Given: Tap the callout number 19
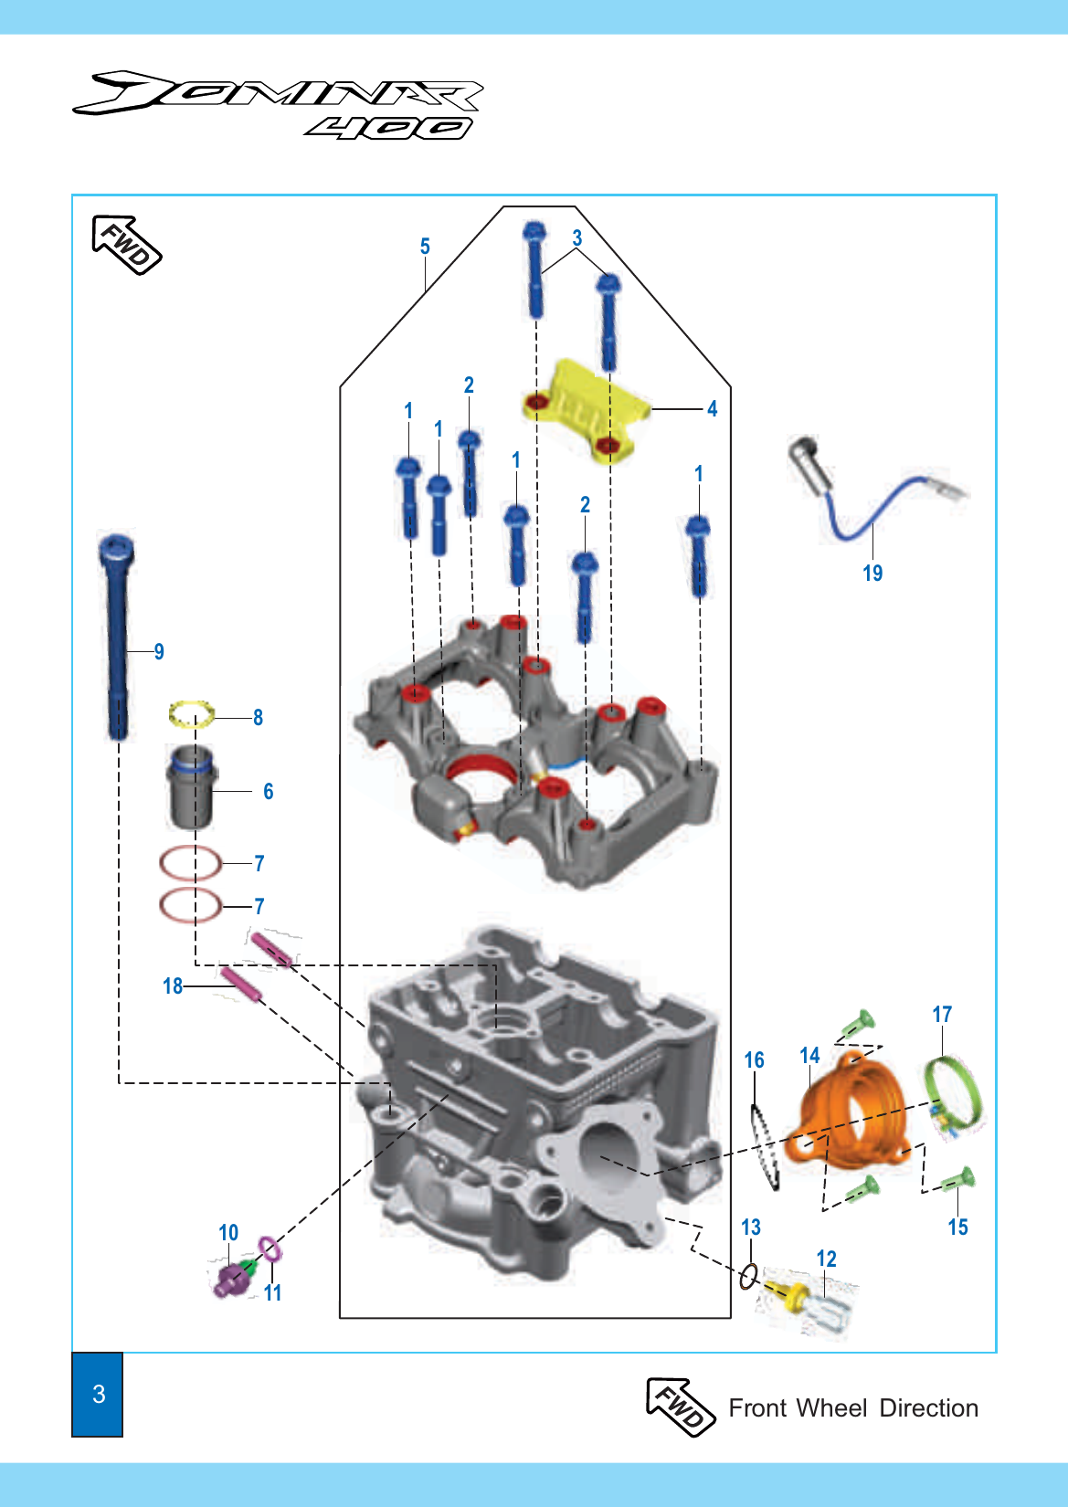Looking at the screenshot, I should pos(872,573).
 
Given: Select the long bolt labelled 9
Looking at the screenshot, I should pos(117,639).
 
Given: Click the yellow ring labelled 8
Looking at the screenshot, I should pos(192,714).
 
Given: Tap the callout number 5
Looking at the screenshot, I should pos(425,247).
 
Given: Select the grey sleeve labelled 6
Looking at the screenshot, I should pos(191,787).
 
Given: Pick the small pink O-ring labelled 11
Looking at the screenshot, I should pos(270,1249).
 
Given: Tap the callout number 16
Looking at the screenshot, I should pos(754,1060).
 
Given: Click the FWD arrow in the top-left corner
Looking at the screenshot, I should pos(127,245).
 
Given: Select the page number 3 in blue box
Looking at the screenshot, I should pos(98,1394).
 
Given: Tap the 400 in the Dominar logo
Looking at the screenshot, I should pos(388,128).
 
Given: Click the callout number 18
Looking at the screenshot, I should pos(173,986).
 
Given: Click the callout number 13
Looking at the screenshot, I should pos(751,1227).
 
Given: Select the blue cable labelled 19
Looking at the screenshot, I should pos(868,511).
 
